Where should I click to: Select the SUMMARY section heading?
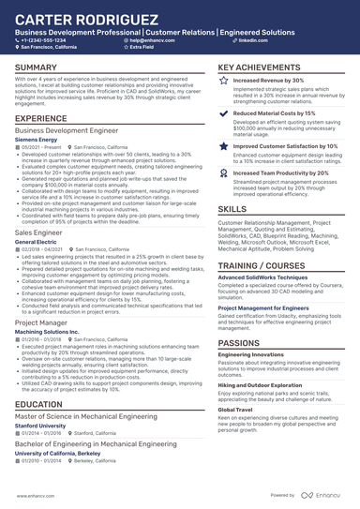click(37, 68)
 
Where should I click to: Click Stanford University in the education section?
click(41, 424)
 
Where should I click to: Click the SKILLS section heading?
click(232, 209)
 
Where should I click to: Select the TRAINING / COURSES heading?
click(262, 267)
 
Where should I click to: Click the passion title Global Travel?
click(234, 410)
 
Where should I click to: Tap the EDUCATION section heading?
click(45, 404)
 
